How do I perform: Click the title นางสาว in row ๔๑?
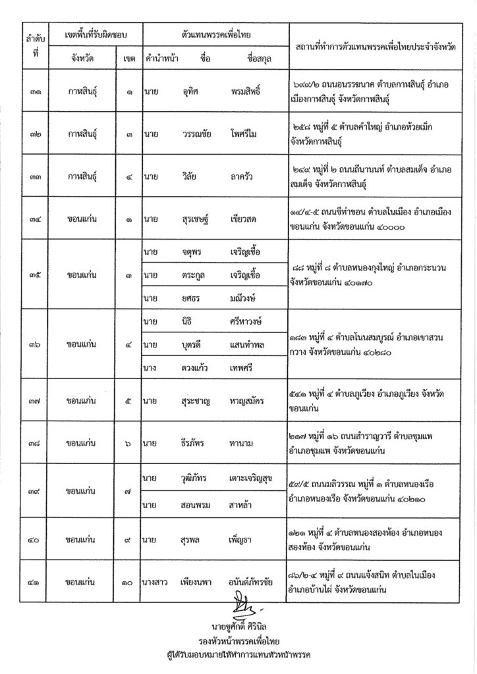[x=155, y=583]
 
